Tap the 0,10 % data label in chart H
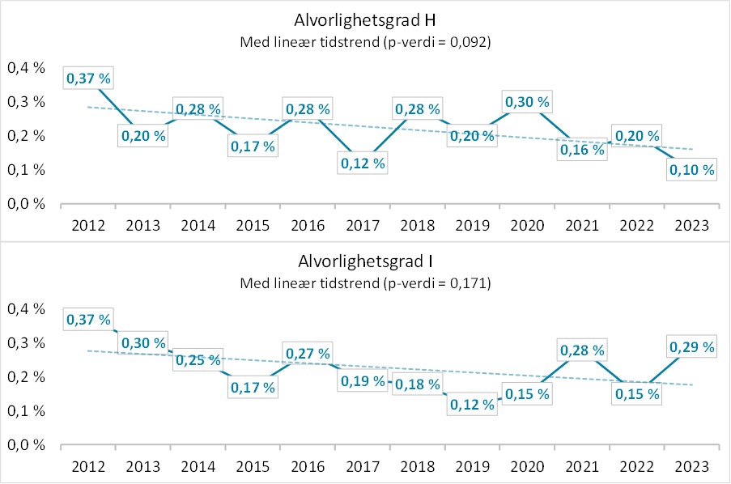[x=692, y=170]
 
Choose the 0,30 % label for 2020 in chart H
[x=527, y=102]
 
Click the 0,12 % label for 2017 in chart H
[x=362, y=163]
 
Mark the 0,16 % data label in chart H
[x=582, y=150]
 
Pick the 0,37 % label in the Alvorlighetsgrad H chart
[x=88, y=79]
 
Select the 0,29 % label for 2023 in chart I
[x=692, y=346]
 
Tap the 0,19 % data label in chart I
[x=362, y=380]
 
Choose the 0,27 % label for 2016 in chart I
[x=308, y=354]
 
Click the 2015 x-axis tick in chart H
[x=253, y=225]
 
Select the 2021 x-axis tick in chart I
[x=582, y=466]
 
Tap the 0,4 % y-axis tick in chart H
[x=25, y=68]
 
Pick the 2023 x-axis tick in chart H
[x=692, y=225]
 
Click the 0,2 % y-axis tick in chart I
[x=25, y=377]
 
